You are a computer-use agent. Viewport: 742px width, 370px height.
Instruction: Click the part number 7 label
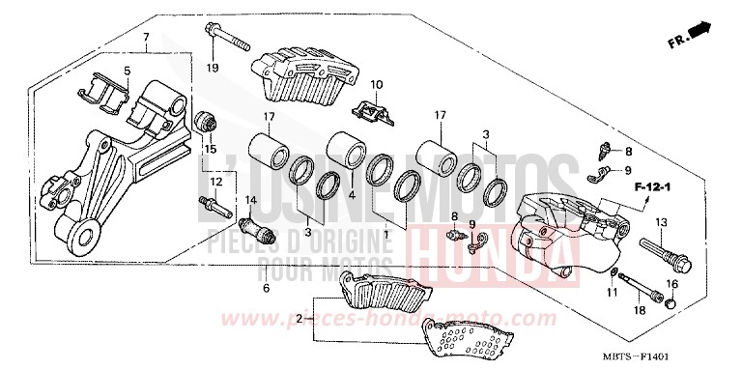(146, 39)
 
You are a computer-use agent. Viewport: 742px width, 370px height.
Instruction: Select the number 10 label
(377, 84)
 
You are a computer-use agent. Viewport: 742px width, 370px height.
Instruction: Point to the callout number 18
(639, 310)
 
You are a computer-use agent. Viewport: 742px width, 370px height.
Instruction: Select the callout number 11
(611, 291)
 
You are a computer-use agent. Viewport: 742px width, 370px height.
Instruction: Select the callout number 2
(300, 318)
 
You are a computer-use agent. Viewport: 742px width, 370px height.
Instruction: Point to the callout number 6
(265, 288)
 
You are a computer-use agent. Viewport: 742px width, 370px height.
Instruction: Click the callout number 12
(216, 183)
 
